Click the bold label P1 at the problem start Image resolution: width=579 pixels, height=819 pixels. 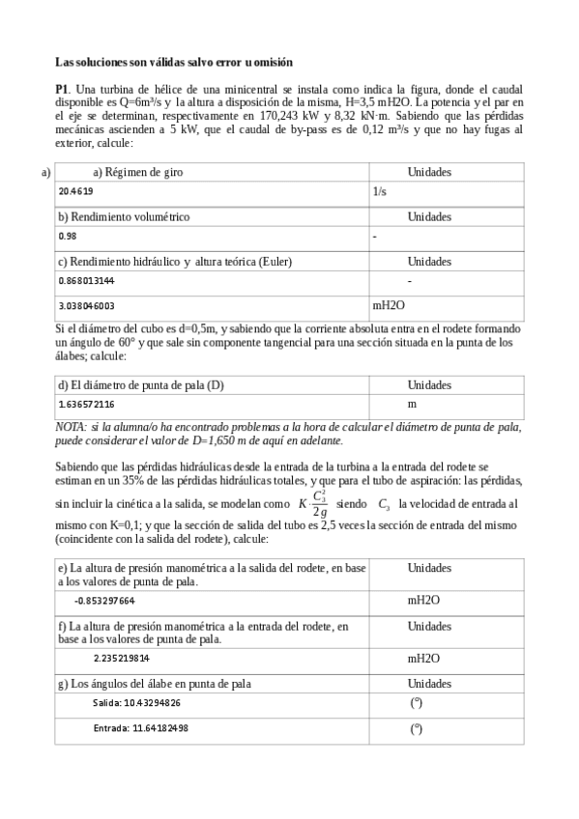[x=63, y=88]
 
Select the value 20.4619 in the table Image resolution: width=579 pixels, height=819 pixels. [x=76, y=191]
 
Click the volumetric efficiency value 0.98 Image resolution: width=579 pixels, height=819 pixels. [x=67, y=236]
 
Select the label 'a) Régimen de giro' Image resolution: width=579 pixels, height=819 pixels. [x=137, y=173]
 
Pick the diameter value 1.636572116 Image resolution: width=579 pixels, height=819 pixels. [x=87, y=404]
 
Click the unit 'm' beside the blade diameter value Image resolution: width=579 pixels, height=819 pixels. [x=412, y=404]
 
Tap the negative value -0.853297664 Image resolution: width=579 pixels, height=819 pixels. [x=104, y=600]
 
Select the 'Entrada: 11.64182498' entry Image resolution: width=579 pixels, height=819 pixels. [x=140, y=727]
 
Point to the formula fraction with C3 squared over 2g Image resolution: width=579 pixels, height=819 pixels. [x=318, y=504]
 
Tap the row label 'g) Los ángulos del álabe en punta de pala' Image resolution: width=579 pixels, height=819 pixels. [x=154, y=684]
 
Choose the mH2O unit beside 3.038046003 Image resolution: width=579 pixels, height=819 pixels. [x=389, y=305]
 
